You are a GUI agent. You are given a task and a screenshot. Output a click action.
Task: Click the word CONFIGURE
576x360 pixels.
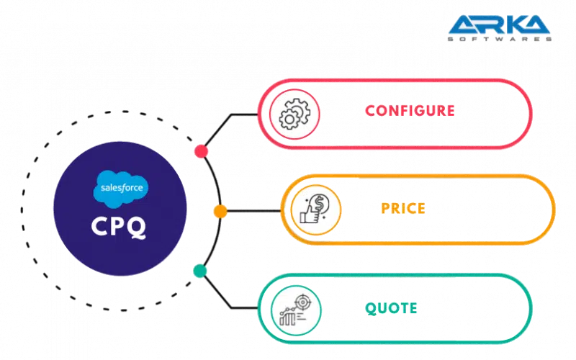tap(409, 110)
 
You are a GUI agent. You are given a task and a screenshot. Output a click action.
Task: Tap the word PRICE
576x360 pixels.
tap(403, 209)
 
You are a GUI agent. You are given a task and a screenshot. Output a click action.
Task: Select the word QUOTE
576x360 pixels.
tap(392, 308)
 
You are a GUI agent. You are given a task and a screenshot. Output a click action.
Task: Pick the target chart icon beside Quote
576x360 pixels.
tap(291, 308)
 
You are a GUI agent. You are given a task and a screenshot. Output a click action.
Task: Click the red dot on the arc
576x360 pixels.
tap(202, 151)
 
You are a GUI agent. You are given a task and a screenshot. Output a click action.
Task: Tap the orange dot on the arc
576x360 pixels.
tap(221, 210)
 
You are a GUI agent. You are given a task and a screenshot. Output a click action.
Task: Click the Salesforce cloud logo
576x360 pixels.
tap(121, 189)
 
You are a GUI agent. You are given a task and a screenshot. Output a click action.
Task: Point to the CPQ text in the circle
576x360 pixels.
tap(120, 226)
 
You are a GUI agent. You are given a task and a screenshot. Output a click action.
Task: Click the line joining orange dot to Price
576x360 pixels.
tap(252, 210)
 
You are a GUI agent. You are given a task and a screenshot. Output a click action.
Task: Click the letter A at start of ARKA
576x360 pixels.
tap(461, 26)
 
